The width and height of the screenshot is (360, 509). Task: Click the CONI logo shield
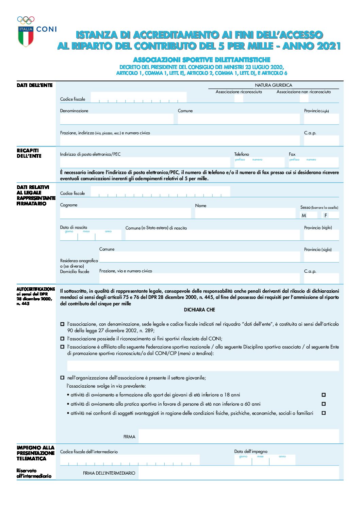click(26, 36)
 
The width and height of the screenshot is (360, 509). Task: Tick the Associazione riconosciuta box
click(239, 99)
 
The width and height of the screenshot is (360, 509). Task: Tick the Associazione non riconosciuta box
click(304, 99)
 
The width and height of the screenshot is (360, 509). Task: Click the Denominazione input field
click(116, 119)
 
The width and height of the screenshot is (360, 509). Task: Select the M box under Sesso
click(309, 215)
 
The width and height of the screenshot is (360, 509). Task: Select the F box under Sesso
click(330, 215)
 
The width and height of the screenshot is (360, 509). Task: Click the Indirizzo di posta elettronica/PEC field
click(145, 162)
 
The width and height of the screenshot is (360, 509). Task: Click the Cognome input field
click(125, 213)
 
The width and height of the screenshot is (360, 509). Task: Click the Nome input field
click(245, 213)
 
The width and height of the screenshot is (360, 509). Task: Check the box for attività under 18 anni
click(324, 395)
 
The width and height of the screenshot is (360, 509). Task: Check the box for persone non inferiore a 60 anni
click(324, 404)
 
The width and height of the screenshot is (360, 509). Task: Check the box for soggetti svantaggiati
click(324, 413)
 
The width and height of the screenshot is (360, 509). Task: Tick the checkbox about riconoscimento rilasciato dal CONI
click(62, 339)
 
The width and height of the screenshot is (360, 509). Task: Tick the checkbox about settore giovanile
click(62, 377)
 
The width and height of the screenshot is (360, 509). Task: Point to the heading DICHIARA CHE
click(199, 310)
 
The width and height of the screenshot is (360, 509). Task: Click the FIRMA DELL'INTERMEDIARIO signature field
click(238, 473)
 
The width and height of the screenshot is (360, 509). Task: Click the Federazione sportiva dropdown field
click(203, 366)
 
